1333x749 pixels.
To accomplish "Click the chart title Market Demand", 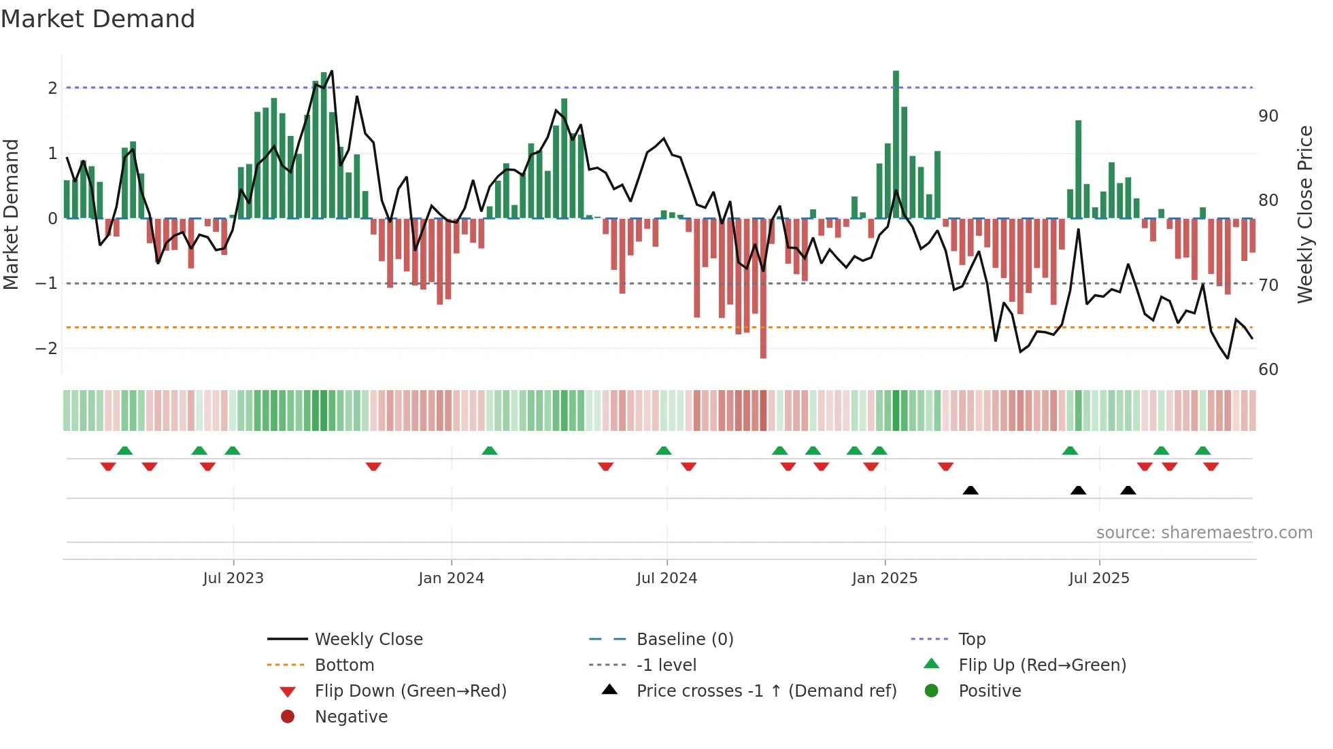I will pyautogui.click(x=98, y=19).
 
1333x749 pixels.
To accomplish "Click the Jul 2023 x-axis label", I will pyautogui.click(x=233, y=578).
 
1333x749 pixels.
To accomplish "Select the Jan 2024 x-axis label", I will pyautogui.click(x=451, y=578).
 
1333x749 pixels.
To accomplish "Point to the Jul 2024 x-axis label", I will pyautogui.click(x=666, y=578).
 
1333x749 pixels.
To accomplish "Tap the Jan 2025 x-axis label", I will pyautogui.click(x=884, y=578).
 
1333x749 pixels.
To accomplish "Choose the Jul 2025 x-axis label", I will pyautogui.click(x=1098, y=578).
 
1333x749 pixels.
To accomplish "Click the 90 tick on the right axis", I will pyautogui.click(x=1268, y=116).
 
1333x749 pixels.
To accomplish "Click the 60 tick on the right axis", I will pyautogui.click(x=1268, y=370).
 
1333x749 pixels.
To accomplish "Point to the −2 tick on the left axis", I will pyautogui.click(x=46, y=349).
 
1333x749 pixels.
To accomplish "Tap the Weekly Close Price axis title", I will pyautogui.click(x=1304, y=214).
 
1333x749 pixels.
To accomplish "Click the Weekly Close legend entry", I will pyautogui.click(x=368, y=640).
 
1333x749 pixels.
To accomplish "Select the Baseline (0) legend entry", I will pyautogui.click(x=684, y=640).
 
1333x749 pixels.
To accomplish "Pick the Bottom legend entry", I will pyautogui.click(x=344, y=665).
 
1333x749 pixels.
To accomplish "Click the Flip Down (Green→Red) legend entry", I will pyautogui.click(x=410, y=691).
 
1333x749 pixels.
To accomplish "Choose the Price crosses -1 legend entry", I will pyautogui.click(x=766, y=691).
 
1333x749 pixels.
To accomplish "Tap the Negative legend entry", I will pyautogui.click(x=351, y=717).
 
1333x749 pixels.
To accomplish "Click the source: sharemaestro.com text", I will pyautogui.click(x=1204, y=533).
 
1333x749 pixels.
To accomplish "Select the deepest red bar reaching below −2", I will pyautogui.click(x=763, y=289).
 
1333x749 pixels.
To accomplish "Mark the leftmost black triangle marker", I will pyautogui.click(x=971, y=490).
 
